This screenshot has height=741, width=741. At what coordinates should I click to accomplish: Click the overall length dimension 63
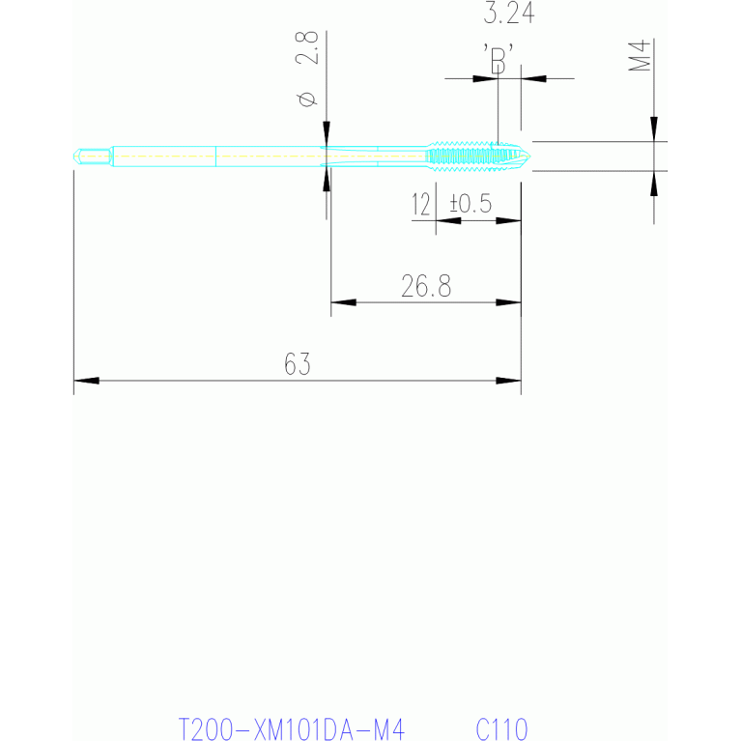pos(298,364)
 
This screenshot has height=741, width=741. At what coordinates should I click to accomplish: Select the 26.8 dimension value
pos(426,286)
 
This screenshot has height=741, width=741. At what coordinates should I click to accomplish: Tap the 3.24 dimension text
pos(509,13)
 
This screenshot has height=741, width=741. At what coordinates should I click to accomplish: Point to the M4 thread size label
pos(640,55)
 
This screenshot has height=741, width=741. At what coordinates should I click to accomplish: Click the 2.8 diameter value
pos(306,47)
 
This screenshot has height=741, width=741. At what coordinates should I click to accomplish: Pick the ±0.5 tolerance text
pos(470,203)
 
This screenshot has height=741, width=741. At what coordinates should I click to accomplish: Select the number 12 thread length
pos(420,204)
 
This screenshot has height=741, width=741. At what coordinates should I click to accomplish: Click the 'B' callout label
pos(499,59)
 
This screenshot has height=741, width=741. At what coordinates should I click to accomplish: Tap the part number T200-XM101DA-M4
pos(291,728)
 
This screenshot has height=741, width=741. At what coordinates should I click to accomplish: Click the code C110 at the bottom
pos(501,728)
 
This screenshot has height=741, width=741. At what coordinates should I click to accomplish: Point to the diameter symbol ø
pos(307,99)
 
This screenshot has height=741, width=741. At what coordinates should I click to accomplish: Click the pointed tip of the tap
pos(529,156)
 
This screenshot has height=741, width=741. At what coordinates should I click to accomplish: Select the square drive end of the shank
pos(93,157)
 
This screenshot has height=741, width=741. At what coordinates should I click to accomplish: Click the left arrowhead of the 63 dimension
pos(87,381)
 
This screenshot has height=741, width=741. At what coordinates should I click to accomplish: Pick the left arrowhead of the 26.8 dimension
pos(344,302)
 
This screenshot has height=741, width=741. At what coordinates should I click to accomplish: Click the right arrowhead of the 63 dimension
pos(508,381)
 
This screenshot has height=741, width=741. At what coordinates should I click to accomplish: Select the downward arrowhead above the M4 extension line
pos(654,129)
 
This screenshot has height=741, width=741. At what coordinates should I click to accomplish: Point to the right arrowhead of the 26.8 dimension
pos(508,302)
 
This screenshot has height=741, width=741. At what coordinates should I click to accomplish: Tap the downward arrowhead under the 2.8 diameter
pos(327,133)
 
